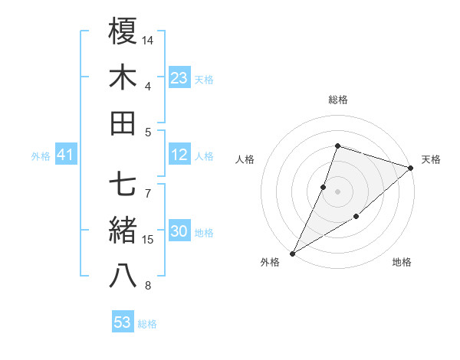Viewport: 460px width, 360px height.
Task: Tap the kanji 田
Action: click(123, 123)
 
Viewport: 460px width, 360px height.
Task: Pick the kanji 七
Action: click(123, 185)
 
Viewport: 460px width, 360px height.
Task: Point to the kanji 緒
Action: click(123, 231)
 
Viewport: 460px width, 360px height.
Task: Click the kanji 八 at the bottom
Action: click(123, 276)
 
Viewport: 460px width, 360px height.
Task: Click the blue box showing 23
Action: click(179, 77)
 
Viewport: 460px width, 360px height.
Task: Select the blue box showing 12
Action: click(179, 155)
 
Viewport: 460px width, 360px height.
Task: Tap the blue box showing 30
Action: click(179, 232)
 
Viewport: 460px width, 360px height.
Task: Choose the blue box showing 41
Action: click(66, 155)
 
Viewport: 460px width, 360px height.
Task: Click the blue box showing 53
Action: click(123, 322)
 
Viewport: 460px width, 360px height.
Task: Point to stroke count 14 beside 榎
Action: click(149, 40)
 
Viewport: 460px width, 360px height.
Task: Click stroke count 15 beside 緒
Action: click(149, 240)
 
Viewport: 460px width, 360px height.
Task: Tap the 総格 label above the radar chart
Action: click(337, 100)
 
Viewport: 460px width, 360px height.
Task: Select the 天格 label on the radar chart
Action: click(431, 159)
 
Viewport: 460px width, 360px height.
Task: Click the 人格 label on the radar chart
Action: click(245, 159)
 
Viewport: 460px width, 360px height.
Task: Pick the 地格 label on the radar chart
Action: click(402, 263)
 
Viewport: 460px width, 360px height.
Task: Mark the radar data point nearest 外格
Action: click(292, 254)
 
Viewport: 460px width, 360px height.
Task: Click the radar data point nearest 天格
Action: click(410, 168)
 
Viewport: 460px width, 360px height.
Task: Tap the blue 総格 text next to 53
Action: click(147, 324)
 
